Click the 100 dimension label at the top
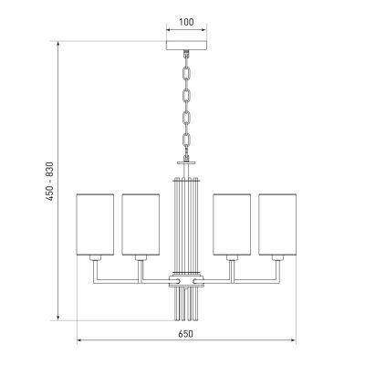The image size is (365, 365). [186, 22]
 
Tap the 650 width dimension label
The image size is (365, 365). [185, 334]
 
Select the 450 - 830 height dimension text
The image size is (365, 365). [49, 182]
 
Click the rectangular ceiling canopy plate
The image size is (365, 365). [186, 45]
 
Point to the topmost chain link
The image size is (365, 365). [186, 74]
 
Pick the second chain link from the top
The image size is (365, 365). [186, 96]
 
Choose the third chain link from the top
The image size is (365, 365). [186, 118]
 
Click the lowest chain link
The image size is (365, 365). [186, 140]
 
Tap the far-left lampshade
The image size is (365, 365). [95, 224]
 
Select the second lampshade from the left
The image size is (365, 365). [141, 224]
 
